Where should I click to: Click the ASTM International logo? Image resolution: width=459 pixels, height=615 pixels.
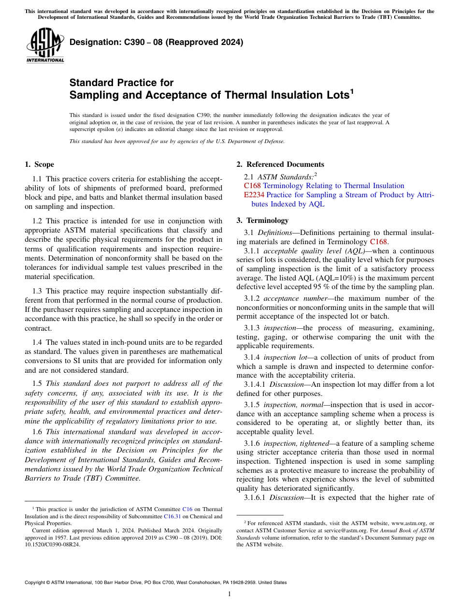coord(45,46)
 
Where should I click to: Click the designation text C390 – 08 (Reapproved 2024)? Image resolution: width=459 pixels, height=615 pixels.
coord(157,43)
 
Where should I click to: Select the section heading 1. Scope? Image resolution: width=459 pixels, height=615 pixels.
coord(40,164)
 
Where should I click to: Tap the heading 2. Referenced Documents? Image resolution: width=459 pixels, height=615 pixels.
coord(280,164)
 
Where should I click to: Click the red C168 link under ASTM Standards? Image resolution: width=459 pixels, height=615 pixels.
coord(252,186)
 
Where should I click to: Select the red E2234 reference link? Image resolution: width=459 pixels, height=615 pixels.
coord(254,195)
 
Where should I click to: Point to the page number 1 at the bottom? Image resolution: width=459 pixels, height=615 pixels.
coord(229,594)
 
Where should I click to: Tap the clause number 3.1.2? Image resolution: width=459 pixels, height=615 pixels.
coord(253,298)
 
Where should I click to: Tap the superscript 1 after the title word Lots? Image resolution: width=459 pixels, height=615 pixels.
coord(352,91)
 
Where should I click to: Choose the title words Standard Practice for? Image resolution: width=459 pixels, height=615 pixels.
coord(121,83)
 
